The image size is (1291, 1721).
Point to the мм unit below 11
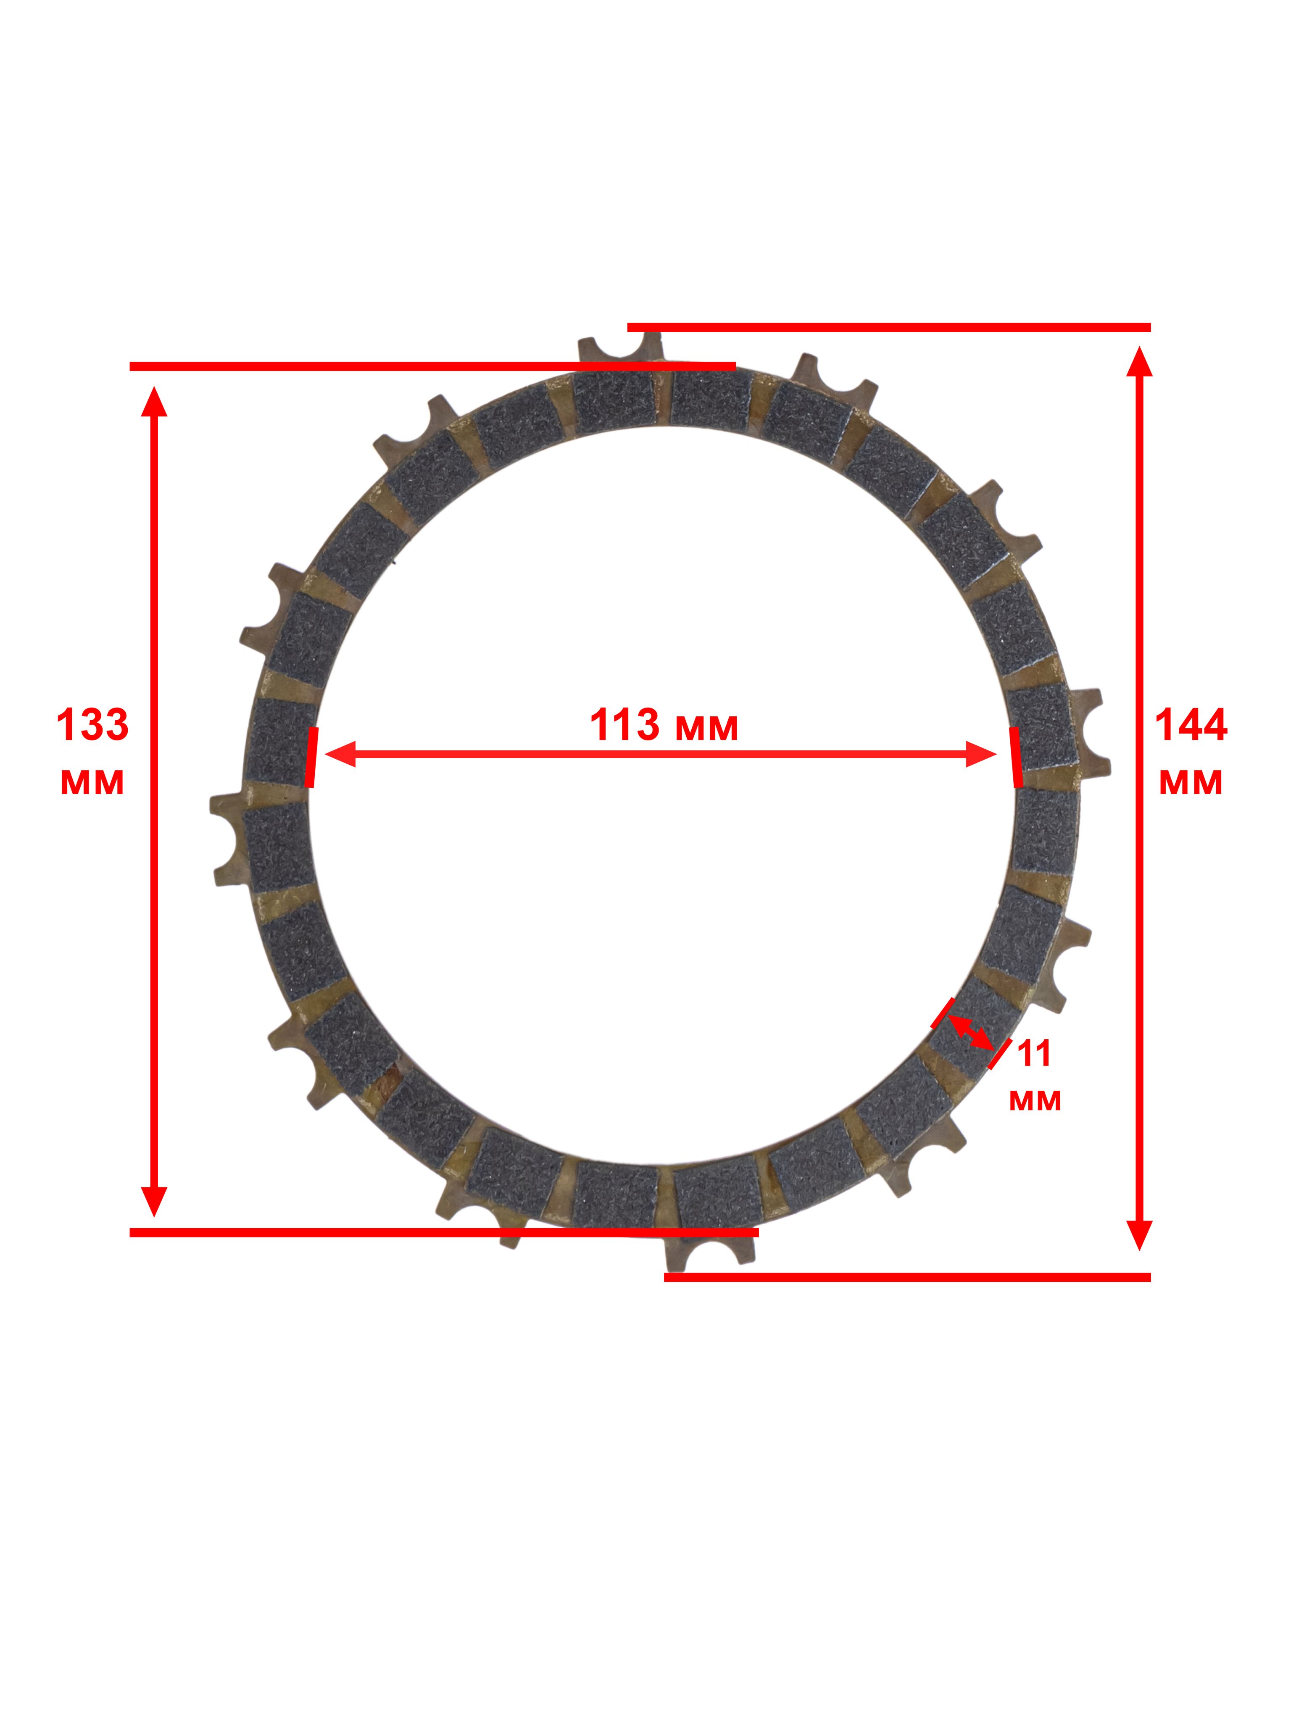(1035, 1100)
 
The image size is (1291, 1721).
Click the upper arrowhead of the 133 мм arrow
(154, 401)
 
